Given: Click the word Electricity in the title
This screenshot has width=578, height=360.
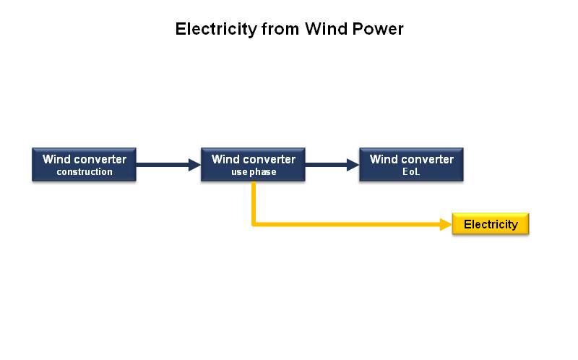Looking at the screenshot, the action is click(216, 30).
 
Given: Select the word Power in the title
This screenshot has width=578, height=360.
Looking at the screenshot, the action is click(378, 29).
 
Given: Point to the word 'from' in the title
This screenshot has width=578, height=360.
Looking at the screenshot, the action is click(280, 29).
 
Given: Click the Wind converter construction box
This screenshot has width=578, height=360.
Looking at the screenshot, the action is click(84, 165).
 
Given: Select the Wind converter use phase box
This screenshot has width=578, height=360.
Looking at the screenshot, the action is click(253, 165).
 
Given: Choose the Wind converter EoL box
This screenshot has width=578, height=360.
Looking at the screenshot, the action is click(411, 165).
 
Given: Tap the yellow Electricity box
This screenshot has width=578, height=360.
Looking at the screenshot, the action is click(491, 224).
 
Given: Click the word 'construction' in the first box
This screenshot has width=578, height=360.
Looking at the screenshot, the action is click(85, 172).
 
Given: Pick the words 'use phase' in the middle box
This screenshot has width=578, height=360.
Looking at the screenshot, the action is click(254, 172).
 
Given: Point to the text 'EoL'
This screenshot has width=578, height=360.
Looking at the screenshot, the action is click(411, 172).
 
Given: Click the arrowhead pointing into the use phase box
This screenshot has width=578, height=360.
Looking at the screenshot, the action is click(194, 165).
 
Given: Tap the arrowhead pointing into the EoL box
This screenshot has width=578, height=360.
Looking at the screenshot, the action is click(353, 165).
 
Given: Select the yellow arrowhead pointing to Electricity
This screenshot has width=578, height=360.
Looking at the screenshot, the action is click(446, 224).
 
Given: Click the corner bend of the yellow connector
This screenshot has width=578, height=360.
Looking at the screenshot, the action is click(254, 224).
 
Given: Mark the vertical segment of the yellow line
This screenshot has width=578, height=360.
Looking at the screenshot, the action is click(254, 202).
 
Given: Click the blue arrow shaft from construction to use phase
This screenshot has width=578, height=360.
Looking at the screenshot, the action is click(162, 165).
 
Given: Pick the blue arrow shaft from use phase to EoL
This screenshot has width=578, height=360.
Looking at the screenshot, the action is click(326, 165).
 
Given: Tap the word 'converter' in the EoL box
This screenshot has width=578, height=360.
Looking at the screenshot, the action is click(428, 159).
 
